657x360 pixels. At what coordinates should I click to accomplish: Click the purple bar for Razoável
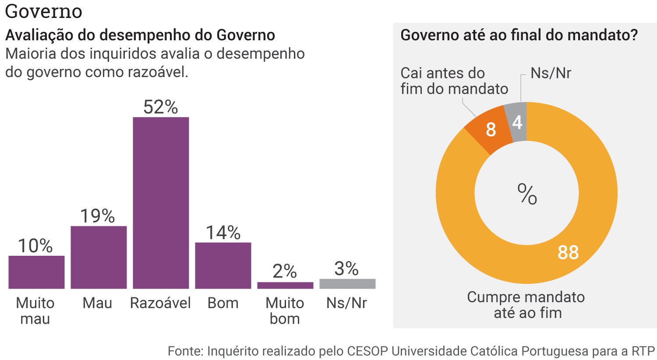(x=161, y=202)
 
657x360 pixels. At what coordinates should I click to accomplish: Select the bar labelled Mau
(x=99, y=257)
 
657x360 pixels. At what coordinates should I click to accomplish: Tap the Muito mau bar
(x=36, y=272)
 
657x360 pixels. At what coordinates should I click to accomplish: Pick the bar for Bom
(x=223, y=265)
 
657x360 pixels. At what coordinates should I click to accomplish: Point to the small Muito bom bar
(x=285, y=285)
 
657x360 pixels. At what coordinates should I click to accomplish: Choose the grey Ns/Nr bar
(x=347, y=284)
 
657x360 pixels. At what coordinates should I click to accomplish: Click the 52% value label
(x=161, y=107)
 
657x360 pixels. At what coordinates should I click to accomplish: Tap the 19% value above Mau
(x=97, y=216)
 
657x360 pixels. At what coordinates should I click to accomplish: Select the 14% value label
(x=223, y=233)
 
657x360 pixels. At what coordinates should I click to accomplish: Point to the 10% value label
(x=35, y=246)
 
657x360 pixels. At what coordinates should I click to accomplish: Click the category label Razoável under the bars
(x=160, y=303)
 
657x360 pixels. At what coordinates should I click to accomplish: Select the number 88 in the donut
(x=568, y=253)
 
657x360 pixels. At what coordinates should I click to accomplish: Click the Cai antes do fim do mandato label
(x=454, y=81)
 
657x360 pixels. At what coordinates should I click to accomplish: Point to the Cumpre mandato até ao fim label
(x=526, y=305)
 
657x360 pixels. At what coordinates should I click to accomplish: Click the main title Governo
(x=43, y=11)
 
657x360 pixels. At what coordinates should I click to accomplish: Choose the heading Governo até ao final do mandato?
(x=519, y=35)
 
